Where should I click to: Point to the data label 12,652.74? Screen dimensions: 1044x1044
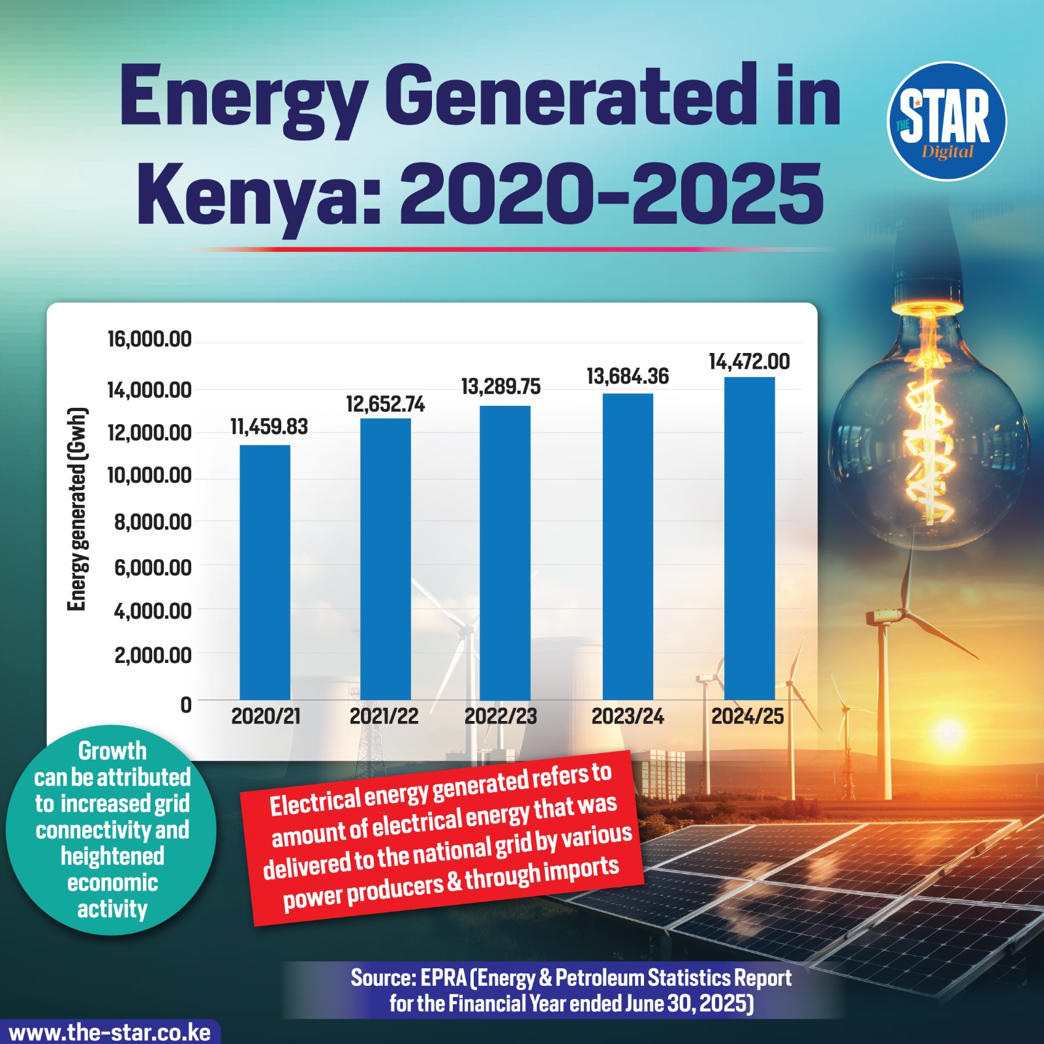385,405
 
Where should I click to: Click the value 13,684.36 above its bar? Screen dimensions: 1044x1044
628,376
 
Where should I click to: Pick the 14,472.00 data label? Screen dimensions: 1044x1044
749,361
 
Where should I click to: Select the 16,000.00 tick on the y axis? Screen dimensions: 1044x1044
149,339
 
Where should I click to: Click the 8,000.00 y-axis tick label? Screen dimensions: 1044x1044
153,522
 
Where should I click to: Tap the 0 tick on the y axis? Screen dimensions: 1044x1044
186,705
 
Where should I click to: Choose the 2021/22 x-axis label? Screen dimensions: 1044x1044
384,716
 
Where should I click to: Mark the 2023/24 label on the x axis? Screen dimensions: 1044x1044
628,716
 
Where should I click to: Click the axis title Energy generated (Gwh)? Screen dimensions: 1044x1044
77,509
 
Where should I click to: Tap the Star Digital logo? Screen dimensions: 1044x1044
947,121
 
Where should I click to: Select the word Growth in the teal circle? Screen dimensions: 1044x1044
112,751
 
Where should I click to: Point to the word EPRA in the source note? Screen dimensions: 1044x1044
443,977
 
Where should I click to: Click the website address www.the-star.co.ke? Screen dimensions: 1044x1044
110,1033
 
